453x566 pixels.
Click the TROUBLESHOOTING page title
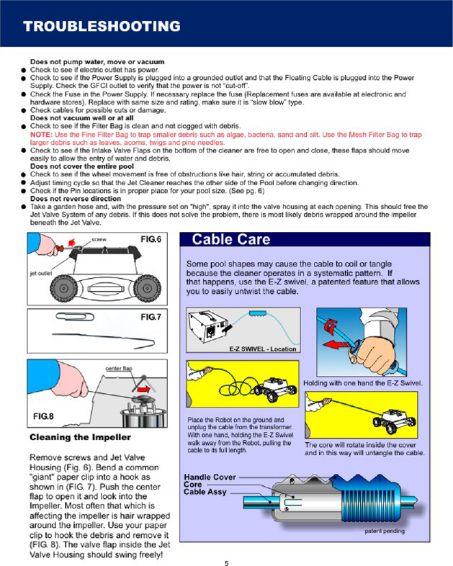[x=101, y=27]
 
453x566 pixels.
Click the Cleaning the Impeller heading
[x=79, y=437]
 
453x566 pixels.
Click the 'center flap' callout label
[x=119, y=368]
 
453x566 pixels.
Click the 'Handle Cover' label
[x=210, y=477]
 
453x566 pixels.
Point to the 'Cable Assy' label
[x=205, y=493]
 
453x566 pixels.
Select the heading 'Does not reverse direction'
[x=76, y=199]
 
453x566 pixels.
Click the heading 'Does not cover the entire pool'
[x=82, y=166]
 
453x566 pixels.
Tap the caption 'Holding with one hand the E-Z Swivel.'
[x=363, y=382]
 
